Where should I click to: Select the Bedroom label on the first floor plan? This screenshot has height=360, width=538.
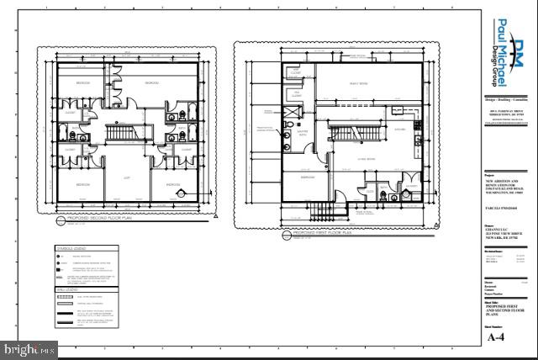coord(309,177)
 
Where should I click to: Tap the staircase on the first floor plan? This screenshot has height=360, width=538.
coord(354,132)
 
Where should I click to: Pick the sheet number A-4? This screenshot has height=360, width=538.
coord(497,337)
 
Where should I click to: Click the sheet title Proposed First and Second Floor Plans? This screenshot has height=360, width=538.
coord(504,313)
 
